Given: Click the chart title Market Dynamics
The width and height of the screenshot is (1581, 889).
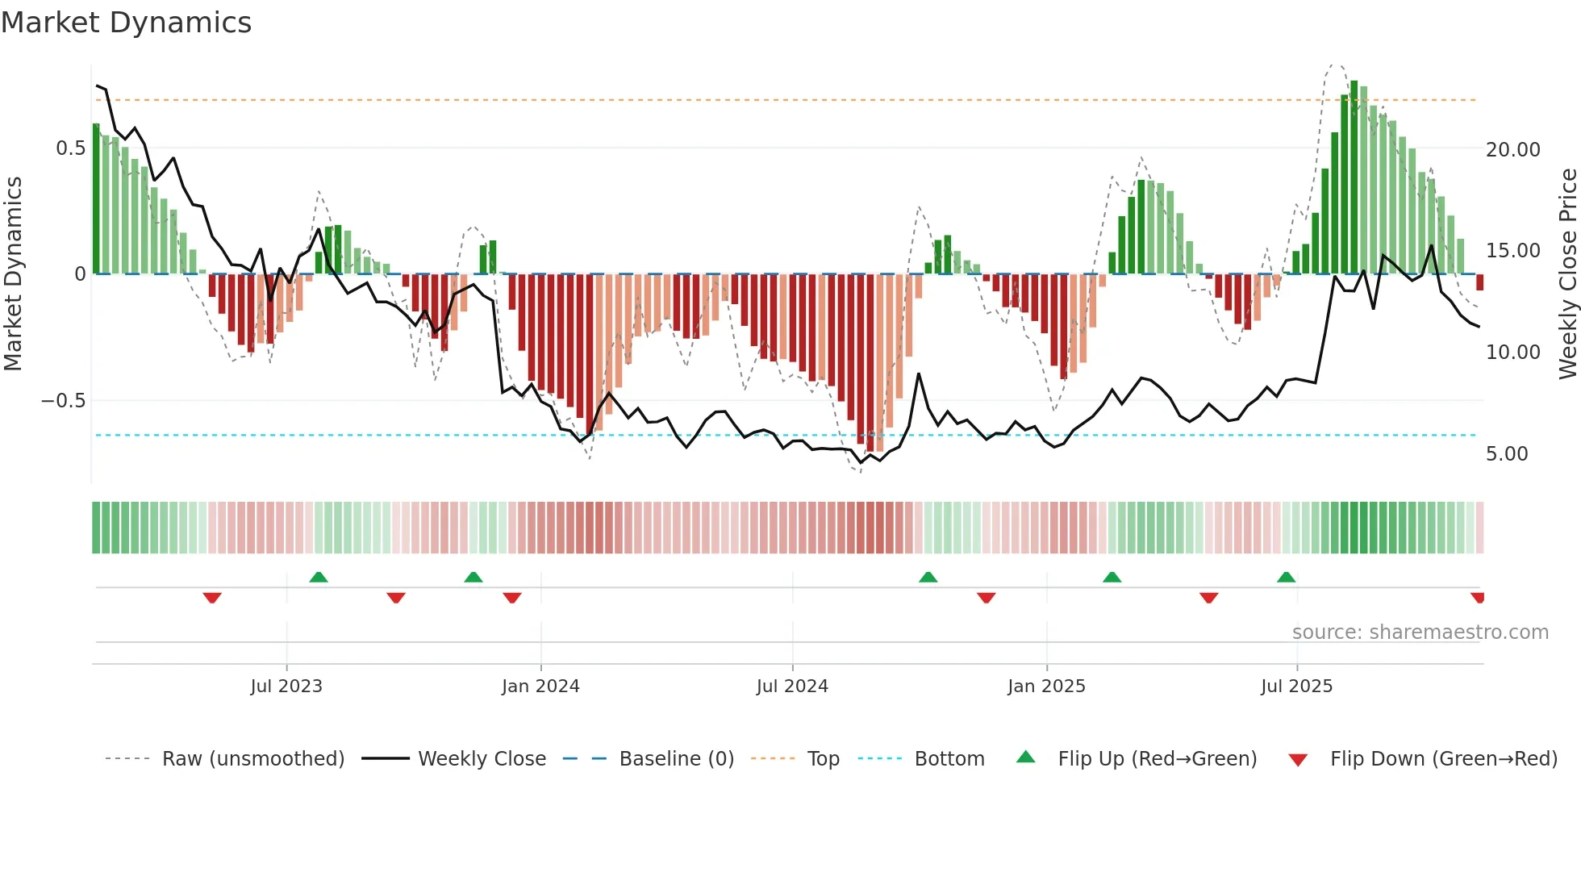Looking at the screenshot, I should point(126,23).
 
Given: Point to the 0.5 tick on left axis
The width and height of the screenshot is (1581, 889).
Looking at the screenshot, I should point(70,148).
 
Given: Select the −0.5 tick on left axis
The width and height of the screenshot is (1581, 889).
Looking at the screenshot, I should point(64,401).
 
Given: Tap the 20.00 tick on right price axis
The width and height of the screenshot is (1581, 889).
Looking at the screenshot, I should point(1512,150).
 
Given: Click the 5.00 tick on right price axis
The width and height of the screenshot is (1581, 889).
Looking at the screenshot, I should point(1507,454).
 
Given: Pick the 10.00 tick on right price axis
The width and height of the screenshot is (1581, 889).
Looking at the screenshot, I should point(1512,353).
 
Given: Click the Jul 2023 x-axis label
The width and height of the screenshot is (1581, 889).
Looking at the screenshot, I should point(286,687).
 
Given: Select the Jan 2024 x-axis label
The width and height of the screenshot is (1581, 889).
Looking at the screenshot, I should point(540,687).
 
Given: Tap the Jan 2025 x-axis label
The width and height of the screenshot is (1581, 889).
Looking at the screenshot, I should point(1046,687).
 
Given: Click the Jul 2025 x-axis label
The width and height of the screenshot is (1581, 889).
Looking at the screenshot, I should point(1296,687).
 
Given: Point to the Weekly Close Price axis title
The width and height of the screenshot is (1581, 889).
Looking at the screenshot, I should point(1567,273).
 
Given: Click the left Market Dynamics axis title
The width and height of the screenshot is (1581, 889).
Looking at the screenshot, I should point(13,273).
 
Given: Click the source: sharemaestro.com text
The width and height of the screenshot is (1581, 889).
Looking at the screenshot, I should point(1420,632).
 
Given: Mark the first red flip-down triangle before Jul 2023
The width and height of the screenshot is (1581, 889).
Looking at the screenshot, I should point(212,598).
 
